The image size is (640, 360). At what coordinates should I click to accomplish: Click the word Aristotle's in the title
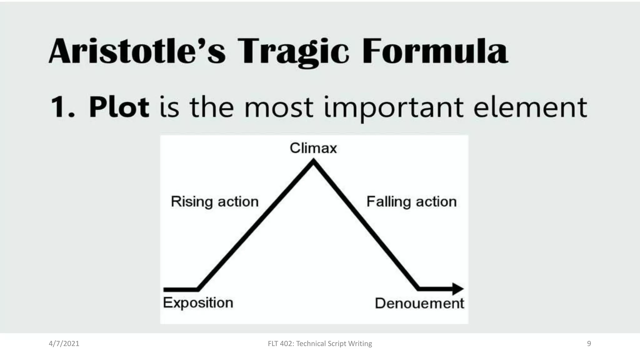click(137, 51)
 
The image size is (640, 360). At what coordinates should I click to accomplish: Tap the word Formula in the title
click(435, 51)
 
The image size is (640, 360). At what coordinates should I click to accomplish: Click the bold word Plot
click(119, 107)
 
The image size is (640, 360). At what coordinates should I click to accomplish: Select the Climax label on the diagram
click(313, 148)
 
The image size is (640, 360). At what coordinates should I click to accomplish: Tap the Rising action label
click(215, 202)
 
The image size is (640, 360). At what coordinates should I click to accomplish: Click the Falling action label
click(411, 202)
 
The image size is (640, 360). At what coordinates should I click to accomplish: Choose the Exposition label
click(198, 303)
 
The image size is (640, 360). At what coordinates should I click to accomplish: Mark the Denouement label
click(419, 303)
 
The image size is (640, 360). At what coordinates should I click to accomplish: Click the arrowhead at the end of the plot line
click(458, 289)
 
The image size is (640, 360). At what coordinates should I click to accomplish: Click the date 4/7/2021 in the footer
click(64, 344)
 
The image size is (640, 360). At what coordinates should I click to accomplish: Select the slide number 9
click(589, 344)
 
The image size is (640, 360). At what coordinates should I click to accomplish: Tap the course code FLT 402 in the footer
click(280, 344)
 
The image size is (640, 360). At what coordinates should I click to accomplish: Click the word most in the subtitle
click(279, 108)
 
